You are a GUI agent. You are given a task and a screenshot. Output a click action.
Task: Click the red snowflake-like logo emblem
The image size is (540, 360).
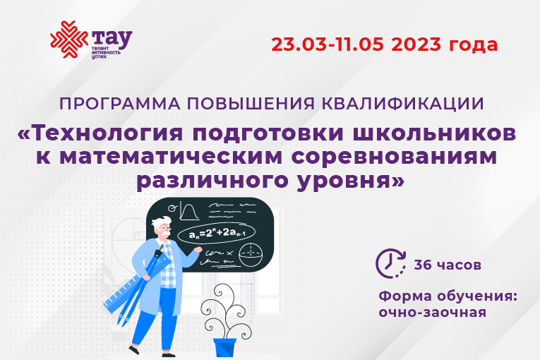(69, 40)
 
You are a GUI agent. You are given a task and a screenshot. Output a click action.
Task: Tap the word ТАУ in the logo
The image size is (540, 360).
(112, 39)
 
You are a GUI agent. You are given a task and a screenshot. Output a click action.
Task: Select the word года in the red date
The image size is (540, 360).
(473, 45)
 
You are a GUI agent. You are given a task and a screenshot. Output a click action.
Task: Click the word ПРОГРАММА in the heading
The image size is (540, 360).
(119, 104)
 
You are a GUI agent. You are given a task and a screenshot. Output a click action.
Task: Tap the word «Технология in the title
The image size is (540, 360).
(100, 133)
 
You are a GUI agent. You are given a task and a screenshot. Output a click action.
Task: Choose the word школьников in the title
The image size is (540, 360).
(434, 133)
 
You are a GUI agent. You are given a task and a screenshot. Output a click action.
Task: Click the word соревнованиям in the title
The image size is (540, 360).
(395, 156)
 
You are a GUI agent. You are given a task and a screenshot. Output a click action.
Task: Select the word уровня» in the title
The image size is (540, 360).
(351, 181)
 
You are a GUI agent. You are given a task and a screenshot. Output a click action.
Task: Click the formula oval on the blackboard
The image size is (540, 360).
(217, 233)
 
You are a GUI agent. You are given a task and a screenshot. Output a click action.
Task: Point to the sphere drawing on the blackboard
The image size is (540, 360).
(251, 256)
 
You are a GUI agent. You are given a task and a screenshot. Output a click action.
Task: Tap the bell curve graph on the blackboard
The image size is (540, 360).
(188, 212)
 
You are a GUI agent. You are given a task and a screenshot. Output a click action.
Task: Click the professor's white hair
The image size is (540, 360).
(161, 222)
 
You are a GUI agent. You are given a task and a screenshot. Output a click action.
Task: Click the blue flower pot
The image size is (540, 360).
(224, 347)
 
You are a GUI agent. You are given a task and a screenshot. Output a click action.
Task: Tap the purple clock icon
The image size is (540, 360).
(390, 263)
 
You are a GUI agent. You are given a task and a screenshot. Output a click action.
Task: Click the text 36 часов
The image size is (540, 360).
(448, 265)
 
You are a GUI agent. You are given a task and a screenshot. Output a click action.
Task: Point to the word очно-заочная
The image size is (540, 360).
(433, 313)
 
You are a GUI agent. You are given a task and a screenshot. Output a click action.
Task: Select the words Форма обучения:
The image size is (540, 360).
(448, 296)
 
